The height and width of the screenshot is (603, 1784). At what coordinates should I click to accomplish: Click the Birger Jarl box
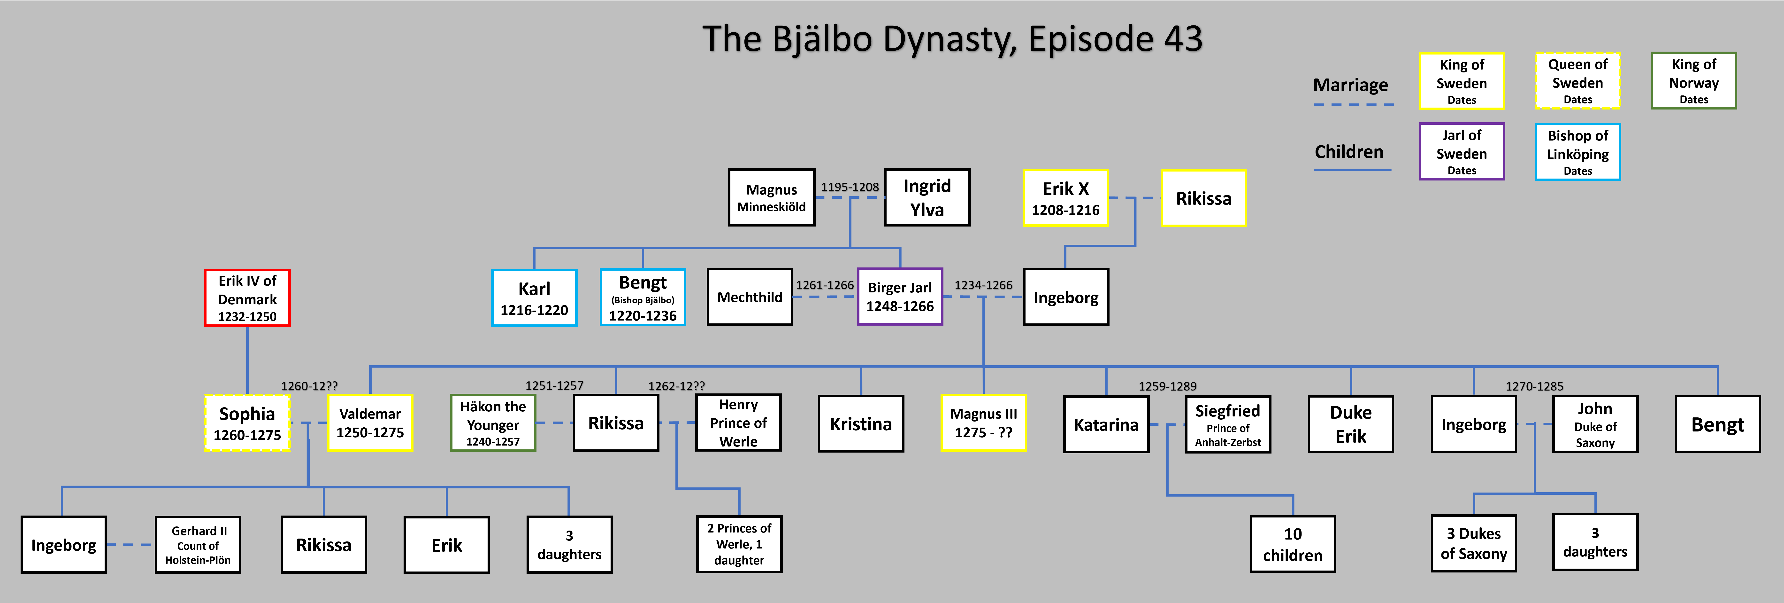900,297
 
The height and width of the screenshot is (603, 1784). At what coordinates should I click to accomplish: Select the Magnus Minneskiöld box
772,197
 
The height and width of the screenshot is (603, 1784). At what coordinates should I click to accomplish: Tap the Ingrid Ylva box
927,197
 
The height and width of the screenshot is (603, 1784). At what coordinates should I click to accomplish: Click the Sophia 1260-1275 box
247,423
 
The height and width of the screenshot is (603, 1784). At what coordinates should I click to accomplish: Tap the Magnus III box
983,423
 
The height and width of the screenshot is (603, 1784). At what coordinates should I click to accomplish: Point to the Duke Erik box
1350,423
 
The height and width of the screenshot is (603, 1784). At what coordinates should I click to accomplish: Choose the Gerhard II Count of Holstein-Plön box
198,545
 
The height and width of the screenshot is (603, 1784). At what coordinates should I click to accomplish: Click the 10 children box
1292,544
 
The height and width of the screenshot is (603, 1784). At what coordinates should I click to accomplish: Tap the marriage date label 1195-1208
850,187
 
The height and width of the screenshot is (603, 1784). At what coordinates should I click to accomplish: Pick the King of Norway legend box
1693,80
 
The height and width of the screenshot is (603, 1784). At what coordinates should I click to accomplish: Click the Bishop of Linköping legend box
1578,152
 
